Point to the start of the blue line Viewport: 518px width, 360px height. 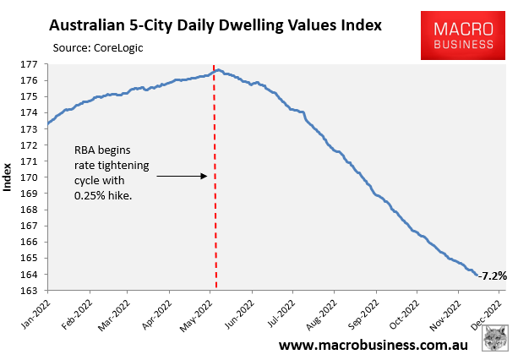click(48, 123)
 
